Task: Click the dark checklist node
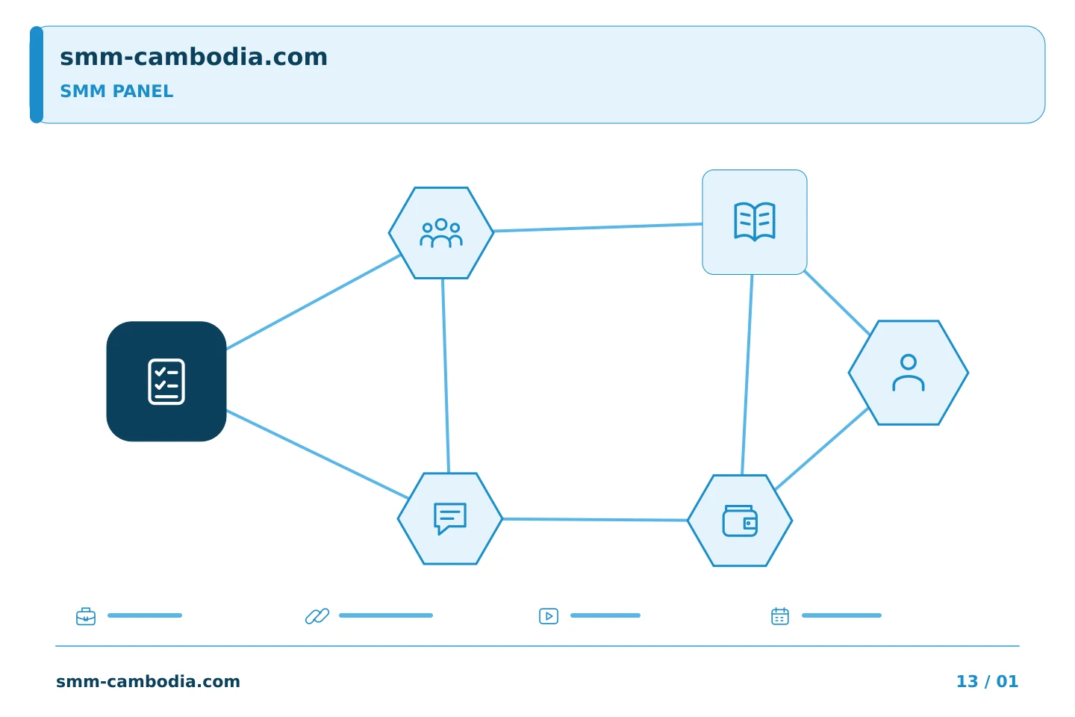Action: pos(166,382)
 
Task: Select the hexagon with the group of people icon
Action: pos(441,233)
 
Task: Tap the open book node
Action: pos(755,222)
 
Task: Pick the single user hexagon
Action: pos(909,373)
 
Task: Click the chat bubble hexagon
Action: pos(450,518)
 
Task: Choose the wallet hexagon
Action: pos(740,521)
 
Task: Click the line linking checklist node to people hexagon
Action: pos(314,302)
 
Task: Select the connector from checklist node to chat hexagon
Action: pos(317,454)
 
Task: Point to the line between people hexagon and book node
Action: pos(598,228)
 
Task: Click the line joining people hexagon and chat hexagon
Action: pos(446,376)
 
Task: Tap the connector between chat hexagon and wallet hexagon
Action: pos(595,520)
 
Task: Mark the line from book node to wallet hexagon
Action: pos(747,375)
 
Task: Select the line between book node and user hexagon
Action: pos(837,302)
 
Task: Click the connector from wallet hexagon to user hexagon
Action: pos(822,449)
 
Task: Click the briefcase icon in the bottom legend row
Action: pos(86,616)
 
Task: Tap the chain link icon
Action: pos(317,616)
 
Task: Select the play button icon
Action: pos(549,616)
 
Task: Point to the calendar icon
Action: pos(780,616)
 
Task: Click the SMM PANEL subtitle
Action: pos(116,91)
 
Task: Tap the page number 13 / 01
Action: pos(987,681)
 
